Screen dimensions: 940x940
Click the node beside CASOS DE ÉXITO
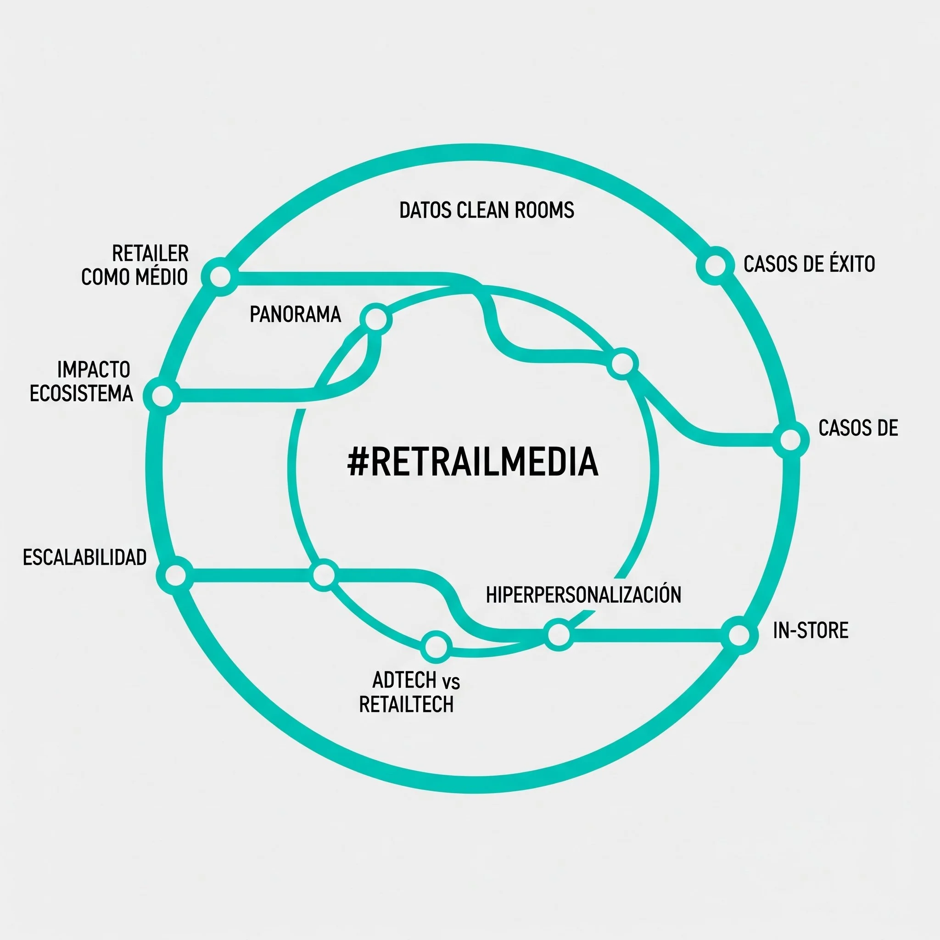click(x=715, y=266)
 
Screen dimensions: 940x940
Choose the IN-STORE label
click(x=811, y=631)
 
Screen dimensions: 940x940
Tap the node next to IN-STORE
click(x=739, y=635)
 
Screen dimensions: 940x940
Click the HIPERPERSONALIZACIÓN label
click(x=583, y=594)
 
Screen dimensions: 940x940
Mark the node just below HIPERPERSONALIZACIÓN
click(x=559, y=634)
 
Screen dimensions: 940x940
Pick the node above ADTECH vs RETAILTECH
click(x=436, y=647)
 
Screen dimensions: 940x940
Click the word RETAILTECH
click(x=406, y=704)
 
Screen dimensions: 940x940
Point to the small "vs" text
click(x=451, y=682)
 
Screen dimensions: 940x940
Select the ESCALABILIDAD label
click(x=84, y=557)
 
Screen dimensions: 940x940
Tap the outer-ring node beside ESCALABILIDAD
click(x=176, y=575)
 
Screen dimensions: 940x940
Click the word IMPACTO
click(x=94, y=370)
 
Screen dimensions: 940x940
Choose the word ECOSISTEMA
click(x=81, y=393)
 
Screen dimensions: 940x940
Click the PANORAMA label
click(x=295, y=314)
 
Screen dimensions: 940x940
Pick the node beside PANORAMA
click(x=375, y=319)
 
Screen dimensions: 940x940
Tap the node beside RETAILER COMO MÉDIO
click(x=220, y=276)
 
